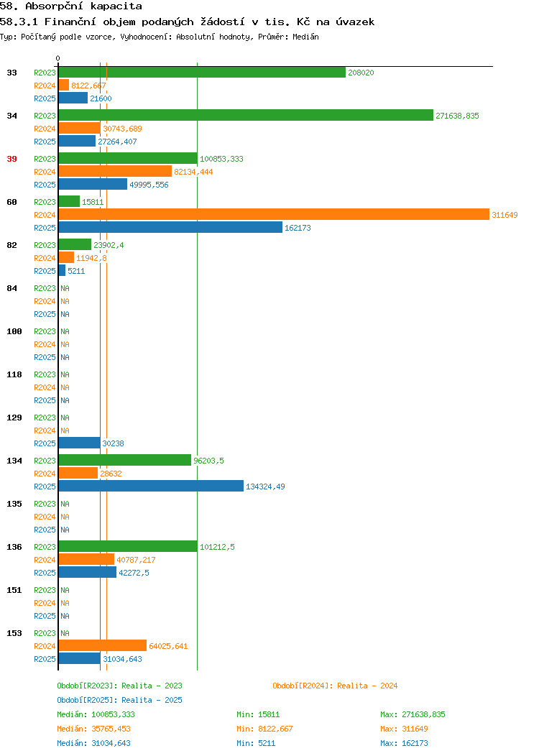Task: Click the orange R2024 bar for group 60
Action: point(273,214)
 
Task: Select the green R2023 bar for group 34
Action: point(246,115)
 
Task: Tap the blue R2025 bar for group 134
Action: point(151,486)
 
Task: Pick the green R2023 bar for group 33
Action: point(202,72)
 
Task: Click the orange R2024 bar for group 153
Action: point(102,645)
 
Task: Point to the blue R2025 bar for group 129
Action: point(79,443)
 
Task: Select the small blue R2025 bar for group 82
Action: point(62,270)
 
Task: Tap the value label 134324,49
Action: point(265,487)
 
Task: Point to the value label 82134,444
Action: point(193,172)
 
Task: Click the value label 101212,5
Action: point(217,547)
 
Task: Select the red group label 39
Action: point(11,159)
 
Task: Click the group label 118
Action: point(14,374)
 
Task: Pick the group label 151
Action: point(14,590)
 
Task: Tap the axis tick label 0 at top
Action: point(58,58)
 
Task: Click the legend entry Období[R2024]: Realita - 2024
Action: point(335,686)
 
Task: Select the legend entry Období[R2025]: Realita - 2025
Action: point(119,700)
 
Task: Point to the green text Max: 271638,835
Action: point(413,714)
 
